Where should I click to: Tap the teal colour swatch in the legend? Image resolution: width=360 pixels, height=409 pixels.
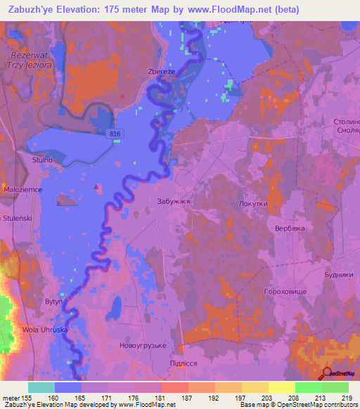(41, 387)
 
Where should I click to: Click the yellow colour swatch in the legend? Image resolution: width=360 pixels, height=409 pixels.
(281, 387)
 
